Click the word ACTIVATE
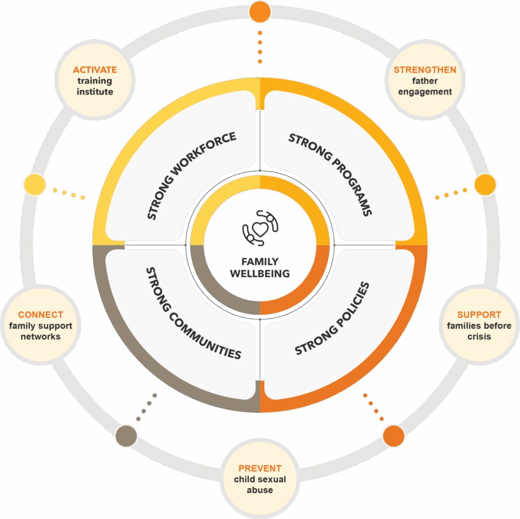click(x=95, y=70)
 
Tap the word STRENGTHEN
click(x=425, y=70)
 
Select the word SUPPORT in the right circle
click(x=479, y=314)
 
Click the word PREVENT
click(x=260, y=468)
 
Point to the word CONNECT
click(x=41, y=315)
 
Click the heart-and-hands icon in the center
click(x=260, y=228)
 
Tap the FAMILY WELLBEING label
click(x=260, y=268)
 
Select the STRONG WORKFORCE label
click(x=191, y=176)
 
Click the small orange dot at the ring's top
click(x=260, y=12)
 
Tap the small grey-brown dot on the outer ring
click(x=126, y=436)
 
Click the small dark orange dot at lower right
click(x=394, y=436)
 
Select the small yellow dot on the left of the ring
click(x=35, y=184)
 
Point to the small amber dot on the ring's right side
click(x=485, y=184)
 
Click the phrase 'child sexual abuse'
click(x=260, y=485)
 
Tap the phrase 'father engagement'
click(x=425, y=86)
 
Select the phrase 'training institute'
click(x=95, y=86)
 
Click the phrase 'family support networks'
click(x=41, y=331)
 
